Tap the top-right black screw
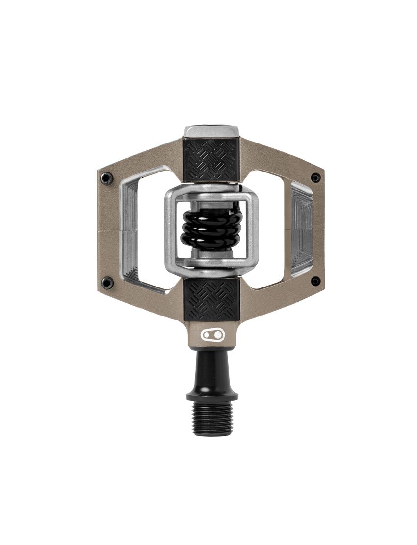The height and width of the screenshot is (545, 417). click(x=315, y=177)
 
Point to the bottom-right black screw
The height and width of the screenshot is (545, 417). click(x=315, y=281)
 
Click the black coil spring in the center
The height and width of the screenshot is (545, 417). click(x=211, y=227)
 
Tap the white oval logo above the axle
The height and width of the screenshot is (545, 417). click(x=212, y=335)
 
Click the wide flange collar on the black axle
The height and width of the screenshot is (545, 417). click(x=212, y=395)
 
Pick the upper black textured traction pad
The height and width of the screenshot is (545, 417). click(x=211, y=159)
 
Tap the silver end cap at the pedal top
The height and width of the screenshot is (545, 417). click(x=211, y=131)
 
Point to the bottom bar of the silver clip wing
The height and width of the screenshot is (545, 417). click(x=211, y=263)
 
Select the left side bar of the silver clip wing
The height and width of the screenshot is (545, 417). click(x=171, y=227)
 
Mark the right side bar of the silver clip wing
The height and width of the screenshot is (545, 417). click(x=252, y=227)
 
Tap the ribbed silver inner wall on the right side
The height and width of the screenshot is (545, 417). click(x=301, y=229)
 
